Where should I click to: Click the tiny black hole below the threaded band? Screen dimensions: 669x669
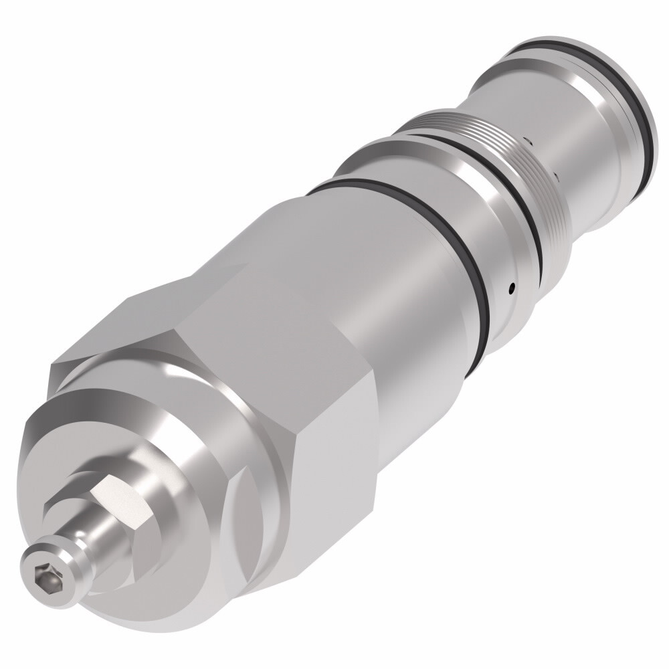pos(512,289)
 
